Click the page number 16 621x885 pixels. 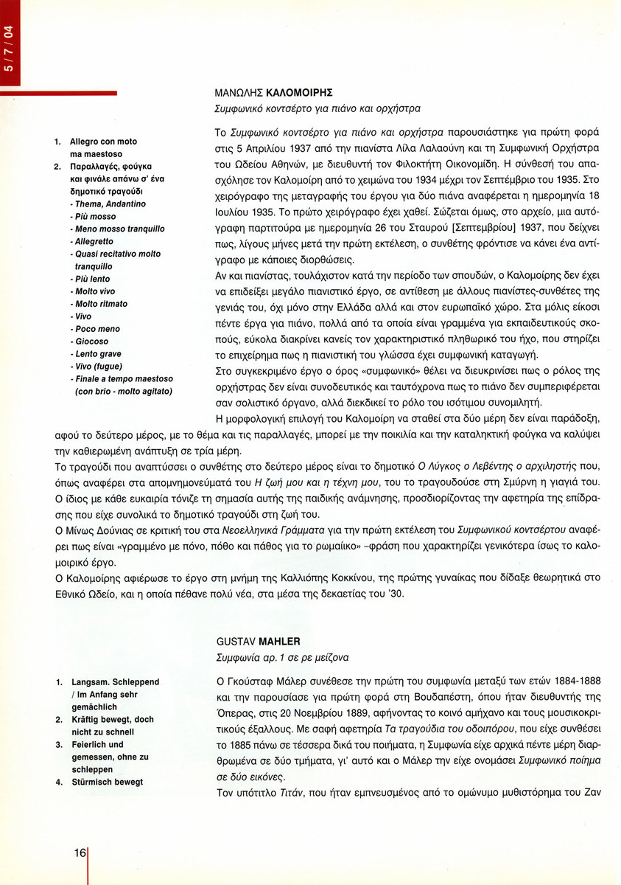click(x=79, y=853)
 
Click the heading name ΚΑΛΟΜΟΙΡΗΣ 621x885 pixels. click(x=302, y=93)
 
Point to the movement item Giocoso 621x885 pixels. click(x=91, y=341)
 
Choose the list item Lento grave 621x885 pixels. click(x=98, y=354)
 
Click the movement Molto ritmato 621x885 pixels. click(x=101, y=304)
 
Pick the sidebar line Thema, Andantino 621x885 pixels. click(x=110, y=204)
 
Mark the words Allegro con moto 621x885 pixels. click(x=103, y=141)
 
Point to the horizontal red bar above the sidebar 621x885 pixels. click(x=59, y=93)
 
